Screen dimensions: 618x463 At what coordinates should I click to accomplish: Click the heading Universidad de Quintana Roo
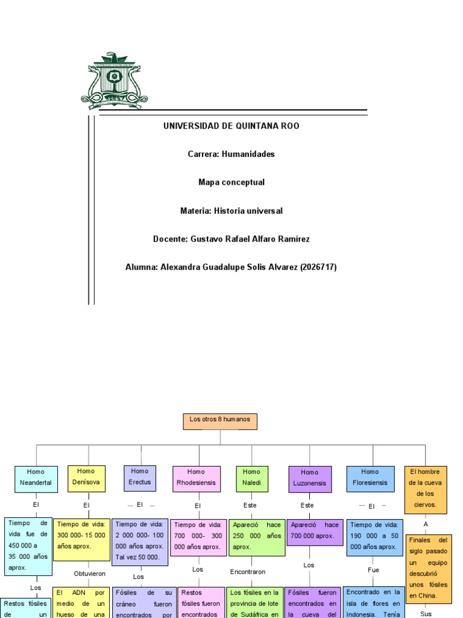click(231, 126)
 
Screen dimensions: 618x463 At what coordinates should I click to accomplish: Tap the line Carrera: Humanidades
click(231, 154)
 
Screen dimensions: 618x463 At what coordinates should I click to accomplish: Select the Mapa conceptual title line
click(231, 182)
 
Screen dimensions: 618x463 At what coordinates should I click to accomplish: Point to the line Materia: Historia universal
click(231, 211)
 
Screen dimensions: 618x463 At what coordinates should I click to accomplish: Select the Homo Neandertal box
click(36, 477)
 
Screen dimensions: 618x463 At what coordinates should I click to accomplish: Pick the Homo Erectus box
click(139, 477)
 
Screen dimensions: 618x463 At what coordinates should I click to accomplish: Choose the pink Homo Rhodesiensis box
click(196, 478)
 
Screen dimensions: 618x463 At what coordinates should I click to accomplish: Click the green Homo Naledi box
click(251, 477)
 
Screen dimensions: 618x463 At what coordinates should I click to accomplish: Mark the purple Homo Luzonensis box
click(309, 478)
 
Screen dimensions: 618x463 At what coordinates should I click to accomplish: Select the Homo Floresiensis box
click(370, 477)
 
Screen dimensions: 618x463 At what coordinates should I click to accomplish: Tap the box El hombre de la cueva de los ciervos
click(426, 488)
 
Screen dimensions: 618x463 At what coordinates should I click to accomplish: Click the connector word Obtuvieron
click(90, 573)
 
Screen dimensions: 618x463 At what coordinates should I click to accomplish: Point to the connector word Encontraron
click(248, 572)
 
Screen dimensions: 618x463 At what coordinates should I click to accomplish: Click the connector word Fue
click(373, 570)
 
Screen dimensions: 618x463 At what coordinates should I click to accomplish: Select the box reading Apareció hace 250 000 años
click(256, 536)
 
